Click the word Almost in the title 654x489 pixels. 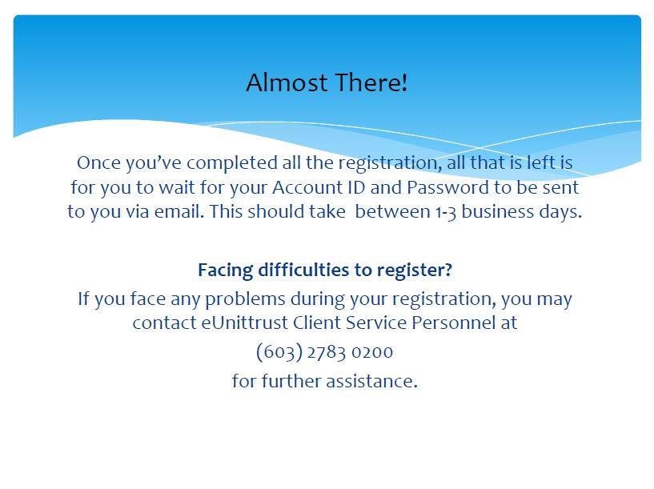[x=287, y=82]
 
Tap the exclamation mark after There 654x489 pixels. [x=404, y=82]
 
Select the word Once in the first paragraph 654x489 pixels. [x=98, y=162]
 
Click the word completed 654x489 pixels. [x=231, y=163]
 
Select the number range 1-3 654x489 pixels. [x=446, y=212]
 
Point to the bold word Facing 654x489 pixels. [x=225, y=271]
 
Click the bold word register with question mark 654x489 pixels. [x=414, y=271]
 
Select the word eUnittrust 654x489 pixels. [x=244, y=323]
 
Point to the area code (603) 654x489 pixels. [x=279, y=351]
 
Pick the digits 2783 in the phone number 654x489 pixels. [x=327, y=352]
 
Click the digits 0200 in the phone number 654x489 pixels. [x=372, y=352]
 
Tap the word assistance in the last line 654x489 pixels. [x=371, y=381]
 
